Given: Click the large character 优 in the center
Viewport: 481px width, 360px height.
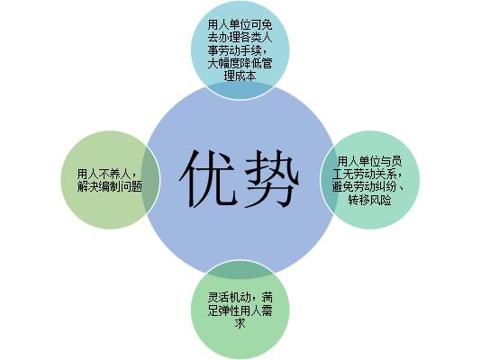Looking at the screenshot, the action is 209,179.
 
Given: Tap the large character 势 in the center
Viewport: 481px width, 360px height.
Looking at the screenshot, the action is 271,179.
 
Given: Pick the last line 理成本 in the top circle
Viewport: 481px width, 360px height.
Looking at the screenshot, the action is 240,76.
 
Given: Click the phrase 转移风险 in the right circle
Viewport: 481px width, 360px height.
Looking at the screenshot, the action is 369,201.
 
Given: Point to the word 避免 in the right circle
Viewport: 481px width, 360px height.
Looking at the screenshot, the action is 342,187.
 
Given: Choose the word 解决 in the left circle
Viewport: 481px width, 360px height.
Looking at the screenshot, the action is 88,186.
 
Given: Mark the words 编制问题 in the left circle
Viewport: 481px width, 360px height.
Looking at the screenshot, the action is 121,186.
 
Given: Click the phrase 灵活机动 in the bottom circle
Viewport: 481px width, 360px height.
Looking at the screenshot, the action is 229,297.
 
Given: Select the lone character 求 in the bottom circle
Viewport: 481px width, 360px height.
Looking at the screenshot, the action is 240,323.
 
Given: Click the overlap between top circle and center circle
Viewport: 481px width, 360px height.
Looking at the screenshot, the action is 240,90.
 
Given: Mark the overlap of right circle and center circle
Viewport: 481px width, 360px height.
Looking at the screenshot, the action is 327,179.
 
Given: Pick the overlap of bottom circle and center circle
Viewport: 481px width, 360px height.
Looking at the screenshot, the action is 240,270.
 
